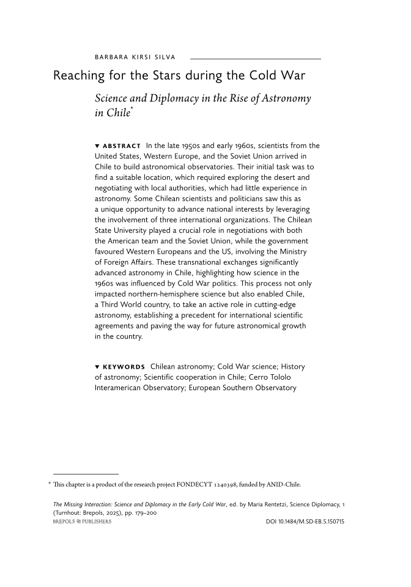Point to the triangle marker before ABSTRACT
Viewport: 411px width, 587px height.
click(97, 146)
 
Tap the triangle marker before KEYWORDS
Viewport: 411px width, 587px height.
click(97, 367)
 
